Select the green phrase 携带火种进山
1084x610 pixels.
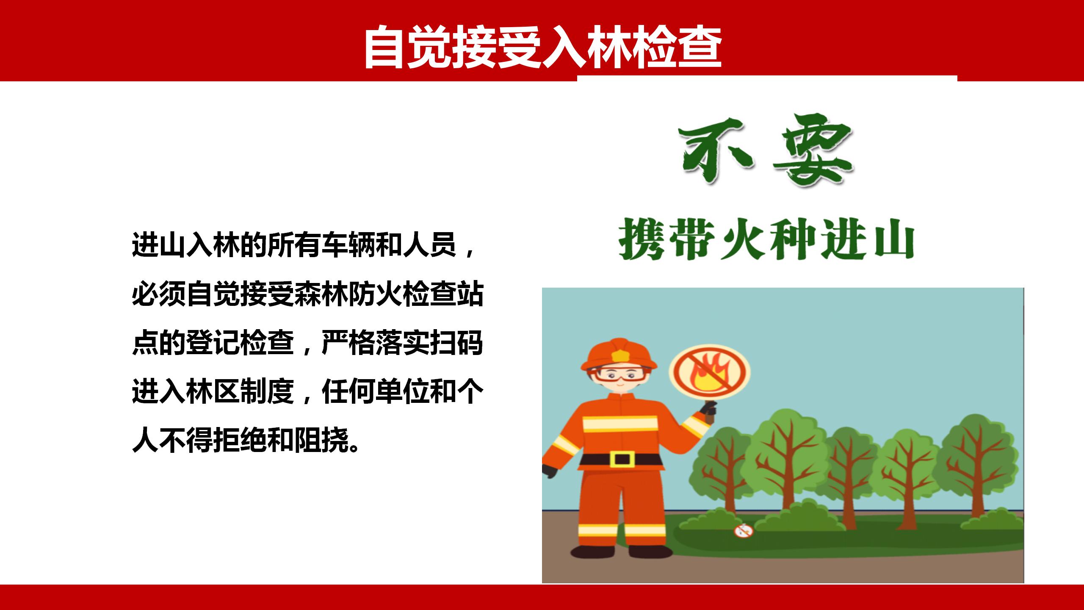766,238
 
